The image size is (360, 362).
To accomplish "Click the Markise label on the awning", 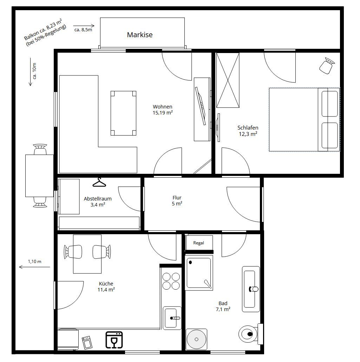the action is point(140,35).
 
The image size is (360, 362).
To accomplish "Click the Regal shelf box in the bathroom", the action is point(199,243).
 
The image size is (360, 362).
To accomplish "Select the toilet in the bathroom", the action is point(250,334).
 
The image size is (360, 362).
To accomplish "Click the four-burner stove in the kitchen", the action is point(171,281).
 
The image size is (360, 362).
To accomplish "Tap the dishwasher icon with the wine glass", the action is point(114,340).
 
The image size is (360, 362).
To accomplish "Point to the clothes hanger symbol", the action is point(99,182).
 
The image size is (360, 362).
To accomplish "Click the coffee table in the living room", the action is point(123,113).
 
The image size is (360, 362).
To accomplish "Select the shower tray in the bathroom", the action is point(199,272).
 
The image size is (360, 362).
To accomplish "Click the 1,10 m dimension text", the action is point(35,262).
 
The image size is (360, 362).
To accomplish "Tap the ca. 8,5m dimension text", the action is point(83,30).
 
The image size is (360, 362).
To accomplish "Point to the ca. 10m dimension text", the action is point(34,71).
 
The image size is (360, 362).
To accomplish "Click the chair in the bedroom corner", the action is point(327,66).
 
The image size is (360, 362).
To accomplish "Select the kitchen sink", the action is point(172,318).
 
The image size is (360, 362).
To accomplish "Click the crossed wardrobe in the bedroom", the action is point(228,80).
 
